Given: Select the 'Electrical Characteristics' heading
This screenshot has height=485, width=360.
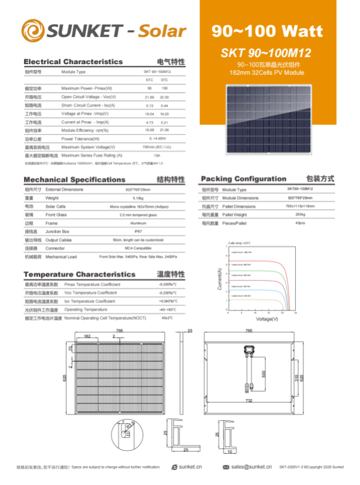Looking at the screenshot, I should pos(73,62).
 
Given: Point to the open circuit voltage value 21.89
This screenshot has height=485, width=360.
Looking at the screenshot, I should pos(149,96).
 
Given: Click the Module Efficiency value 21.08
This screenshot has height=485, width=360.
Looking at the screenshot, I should pos(164,130).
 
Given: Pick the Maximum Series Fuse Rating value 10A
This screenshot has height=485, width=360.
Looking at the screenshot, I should pos(156,155).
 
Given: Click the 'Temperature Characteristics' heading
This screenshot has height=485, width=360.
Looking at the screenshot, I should pos(79,275).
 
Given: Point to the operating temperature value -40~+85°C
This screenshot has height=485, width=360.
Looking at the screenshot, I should pos(168,309).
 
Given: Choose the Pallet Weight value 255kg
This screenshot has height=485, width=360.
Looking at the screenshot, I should pos(300,215).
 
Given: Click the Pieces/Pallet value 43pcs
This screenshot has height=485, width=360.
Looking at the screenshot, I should pos(300,223).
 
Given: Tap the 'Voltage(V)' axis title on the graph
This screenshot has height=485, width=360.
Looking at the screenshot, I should pos(266,319).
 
